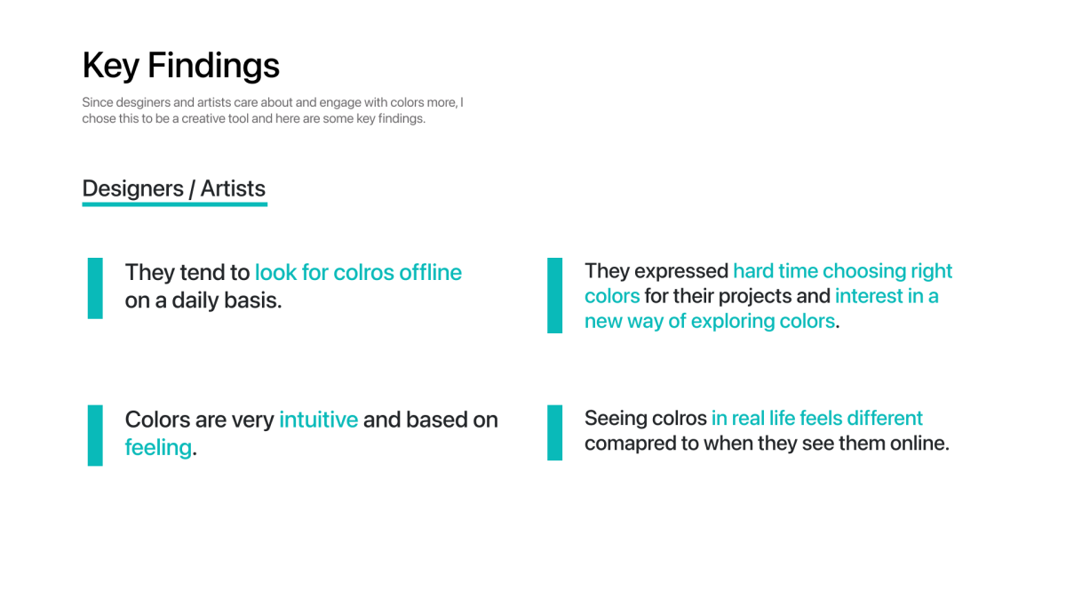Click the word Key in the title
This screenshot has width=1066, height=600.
point(110,66)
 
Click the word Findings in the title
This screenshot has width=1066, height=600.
point(214,66)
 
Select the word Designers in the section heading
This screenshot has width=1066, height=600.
point(132,188)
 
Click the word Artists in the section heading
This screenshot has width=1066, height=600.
point(233,188)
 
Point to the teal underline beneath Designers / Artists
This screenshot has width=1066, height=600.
point(175,204)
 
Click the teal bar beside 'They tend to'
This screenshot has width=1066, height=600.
point(95,288)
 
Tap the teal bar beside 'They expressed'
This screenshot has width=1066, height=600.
point(555,295)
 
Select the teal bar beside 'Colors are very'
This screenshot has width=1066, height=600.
point(95,436)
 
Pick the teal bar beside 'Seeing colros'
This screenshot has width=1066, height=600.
point(555,432)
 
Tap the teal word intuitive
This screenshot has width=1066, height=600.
point(318,420)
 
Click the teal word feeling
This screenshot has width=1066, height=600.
point(158,448)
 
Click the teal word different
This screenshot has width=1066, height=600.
point(885,418)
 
